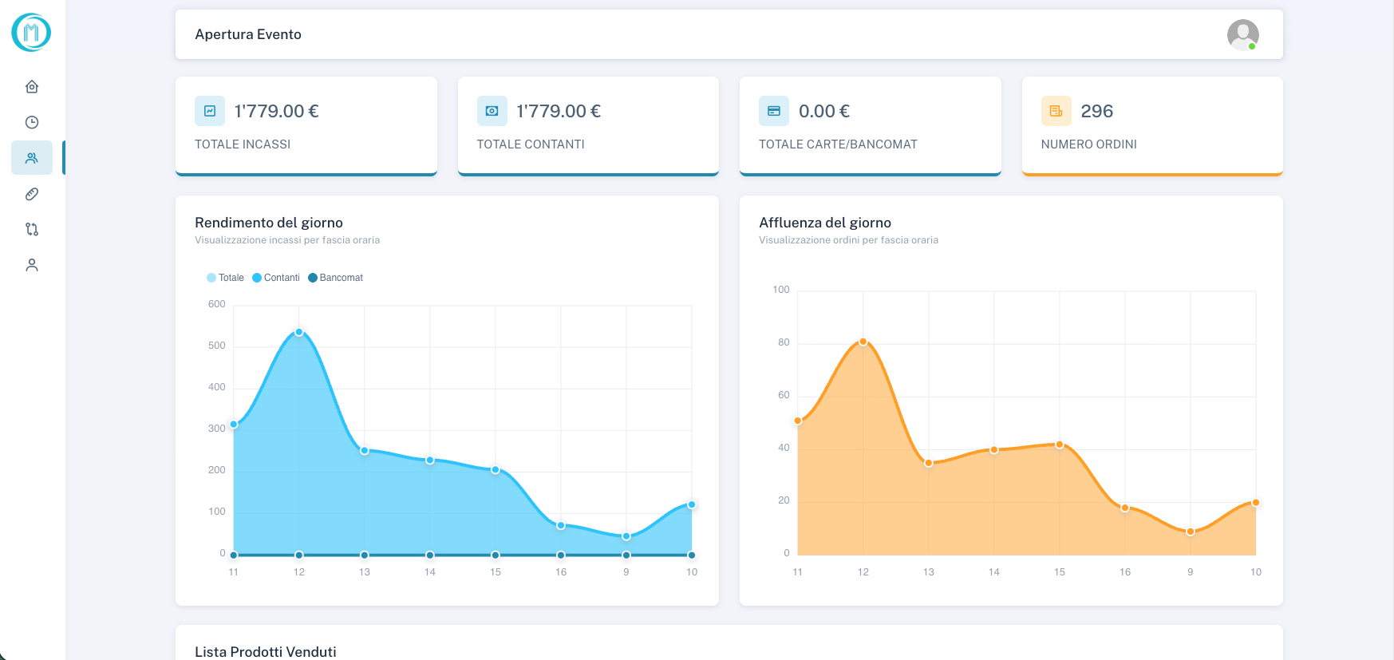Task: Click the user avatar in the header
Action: tap(1242, 34)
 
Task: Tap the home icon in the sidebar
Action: tap(32, 86)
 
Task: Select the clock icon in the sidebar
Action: tap(32, 122)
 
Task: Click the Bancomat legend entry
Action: tap(336, 278)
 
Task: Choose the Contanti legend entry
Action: tap(276, 278)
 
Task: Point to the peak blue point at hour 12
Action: tap(299, 332)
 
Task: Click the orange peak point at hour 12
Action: tap(863, 342)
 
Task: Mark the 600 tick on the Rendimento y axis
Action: tap(217, 304)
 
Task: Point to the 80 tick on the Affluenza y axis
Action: tap(784, 342)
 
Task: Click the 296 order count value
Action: tap(1096, 111)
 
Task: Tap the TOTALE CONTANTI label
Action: tap(531, 144)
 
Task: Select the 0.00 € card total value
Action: tap(823, 111)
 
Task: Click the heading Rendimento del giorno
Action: tap(269, 223)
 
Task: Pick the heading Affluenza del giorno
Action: tap(825, 223)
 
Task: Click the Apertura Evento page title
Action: tap(248, 34)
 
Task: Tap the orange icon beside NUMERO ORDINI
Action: tap(1056, 111)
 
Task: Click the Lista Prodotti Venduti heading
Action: tap(266, 651)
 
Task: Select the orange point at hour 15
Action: tap(1059, 445)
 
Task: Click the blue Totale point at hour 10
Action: tap(692, 504)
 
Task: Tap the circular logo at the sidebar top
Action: tap(31, 33)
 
